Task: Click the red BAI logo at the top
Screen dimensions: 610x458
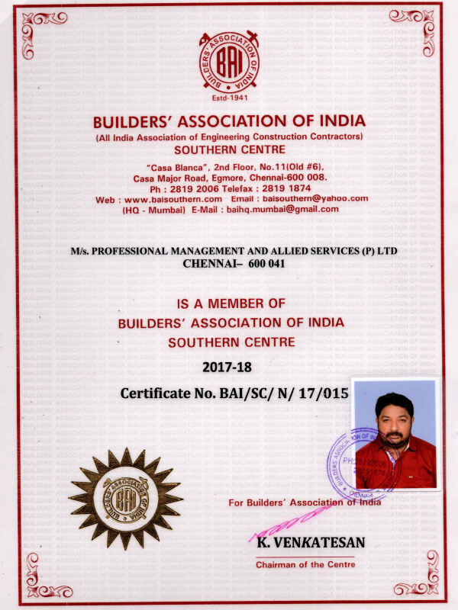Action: coord(229,59)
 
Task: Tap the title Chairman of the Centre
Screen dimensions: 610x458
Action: coord(305,565)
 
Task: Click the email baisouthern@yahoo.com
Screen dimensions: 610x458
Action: coord(312,198)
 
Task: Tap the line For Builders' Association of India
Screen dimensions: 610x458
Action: coord(305,502)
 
